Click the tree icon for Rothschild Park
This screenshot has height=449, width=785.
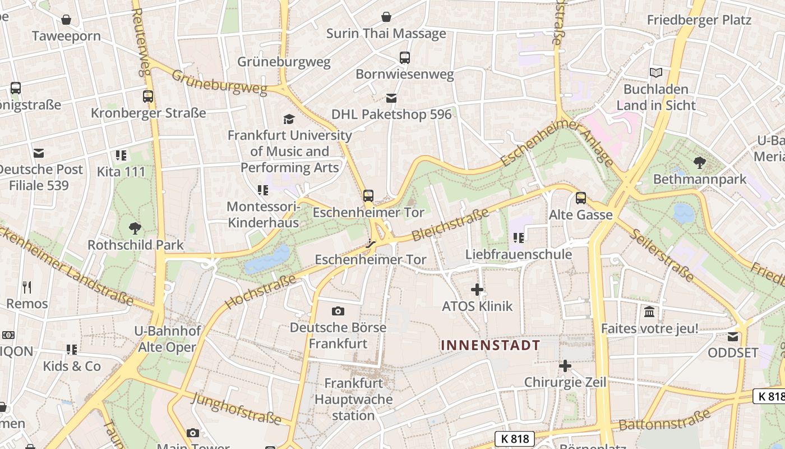point(135,228)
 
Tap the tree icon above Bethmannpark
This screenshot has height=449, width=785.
point(699,163)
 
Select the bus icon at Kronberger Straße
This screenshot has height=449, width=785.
point(147,96)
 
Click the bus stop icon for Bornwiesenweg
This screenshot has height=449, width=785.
point(404,57)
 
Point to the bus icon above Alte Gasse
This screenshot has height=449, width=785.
point(580,198)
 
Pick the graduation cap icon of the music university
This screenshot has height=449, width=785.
point(289,118)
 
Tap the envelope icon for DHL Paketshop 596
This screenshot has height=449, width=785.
point(391,98)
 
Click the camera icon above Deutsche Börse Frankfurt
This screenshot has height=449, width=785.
point(338,311)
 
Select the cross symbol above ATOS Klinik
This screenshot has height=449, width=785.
point(477,290)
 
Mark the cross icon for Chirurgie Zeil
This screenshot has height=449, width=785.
point(565,366)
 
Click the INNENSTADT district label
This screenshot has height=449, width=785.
point(491,345)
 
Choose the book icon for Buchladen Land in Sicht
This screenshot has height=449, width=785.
point(655,72)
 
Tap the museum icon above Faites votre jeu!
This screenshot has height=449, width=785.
point(649,311)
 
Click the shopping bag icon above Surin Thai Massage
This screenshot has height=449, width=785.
point(386,17)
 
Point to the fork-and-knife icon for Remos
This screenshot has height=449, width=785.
point(27,287)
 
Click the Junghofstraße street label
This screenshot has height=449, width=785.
point(236,409)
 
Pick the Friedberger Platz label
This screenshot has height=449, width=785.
point(699,20)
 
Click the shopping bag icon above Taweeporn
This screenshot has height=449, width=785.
point(66,20)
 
